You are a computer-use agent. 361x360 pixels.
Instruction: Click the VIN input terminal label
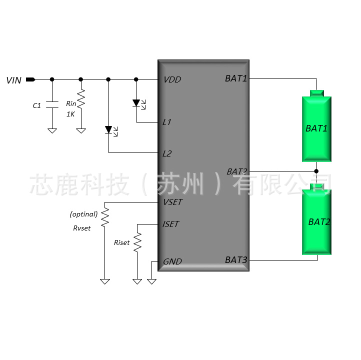pos(14,80)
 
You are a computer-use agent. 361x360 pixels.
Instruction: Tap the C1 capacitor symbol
pos(52,104)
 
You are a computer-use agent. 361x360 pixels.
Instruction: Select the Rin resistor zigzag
pos(81,98)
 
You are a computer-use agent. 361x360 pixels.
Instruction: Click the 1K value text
pos(70,114)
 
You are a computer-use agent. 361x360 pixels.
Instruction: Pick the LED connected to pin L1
pos(138,104)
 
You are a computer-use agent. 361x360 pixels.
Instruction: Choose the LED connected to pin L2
pos(111,130)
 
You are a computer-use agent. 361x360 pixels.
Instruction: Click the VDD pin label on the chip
pos(172,79)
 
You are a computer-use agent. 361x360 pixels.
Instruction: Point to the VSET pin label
pos(172,202)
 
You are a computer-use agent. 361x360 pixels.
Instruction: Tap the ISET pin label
pos(170,224)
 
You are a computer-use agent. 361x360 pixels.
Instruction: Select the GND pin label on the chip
pos(172,261)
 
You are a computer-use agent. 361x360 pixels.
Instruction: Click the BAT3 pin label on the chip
pos(236,260)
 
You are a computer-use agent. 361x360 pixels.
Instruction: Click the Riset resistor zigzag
pos(137,242)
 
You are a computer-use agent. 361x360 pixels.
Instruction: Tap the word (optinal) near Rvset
pos(84,214)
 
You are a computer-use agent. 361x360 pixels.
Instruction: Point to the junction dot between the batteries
pos(316,171)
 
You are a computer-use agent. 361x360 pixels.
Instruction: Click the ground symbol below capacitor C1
pos(52,130)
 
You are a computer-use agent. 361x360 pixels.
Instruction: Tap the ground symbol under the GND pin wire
pos(151,281)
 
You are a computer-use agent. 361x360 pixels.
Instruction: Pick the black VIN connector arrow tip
pos(35,79)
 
